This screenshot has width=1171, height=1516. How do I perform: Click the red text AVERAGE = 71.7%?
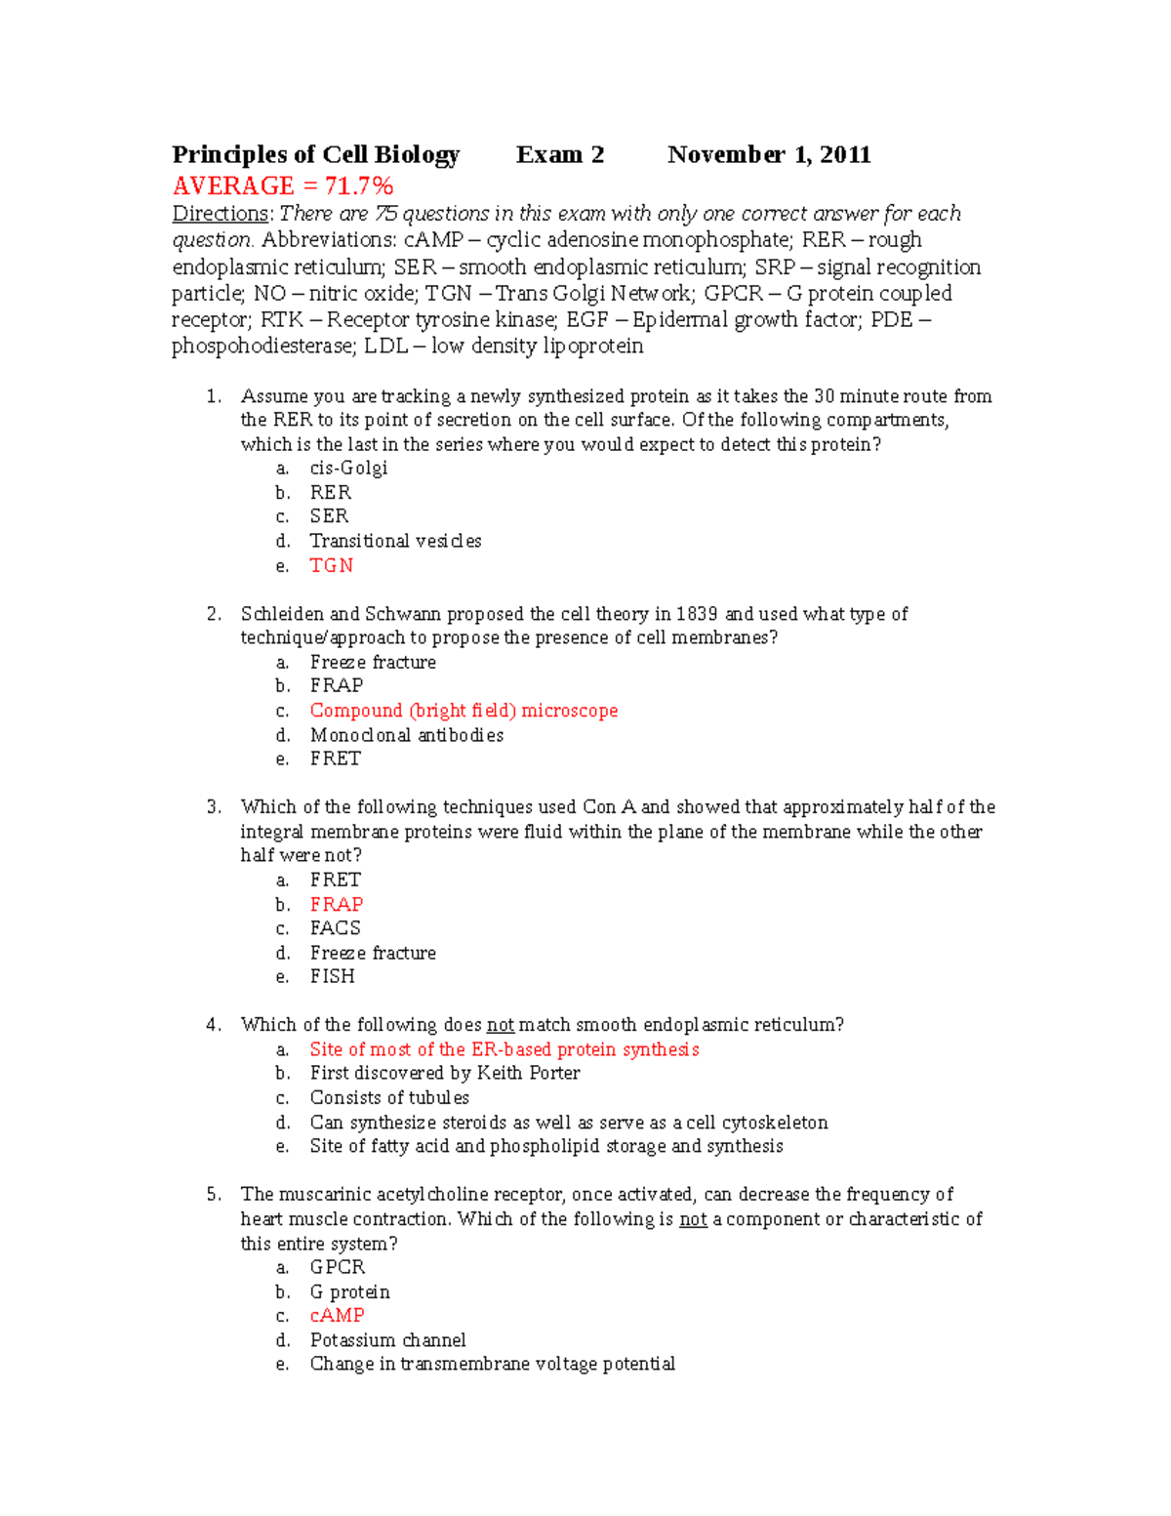pos(283,185)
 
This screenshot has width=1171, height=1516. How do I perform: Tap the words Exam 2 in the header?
pos(560,155)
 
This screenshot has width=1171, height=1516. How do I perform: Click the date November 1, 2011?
pos(769,155)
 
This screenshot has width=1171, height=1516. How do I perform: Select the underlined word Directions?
pos(220,214)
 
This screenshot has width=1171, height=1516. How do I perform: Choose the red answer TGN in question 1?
pos(332,565)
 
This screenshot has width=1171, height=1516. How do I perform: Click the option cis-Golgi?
pos(348,468)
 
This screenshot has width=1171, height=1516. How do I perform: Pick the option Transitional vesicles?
pos(395,541)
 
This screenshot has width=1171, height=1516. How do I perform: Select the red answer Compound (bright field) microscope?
pos(464,711)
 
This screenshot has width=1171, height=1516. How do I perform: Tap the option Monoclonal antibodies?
pos(407,735)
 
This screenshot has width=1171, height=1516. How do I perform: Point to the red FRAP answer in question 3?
pos(337,904)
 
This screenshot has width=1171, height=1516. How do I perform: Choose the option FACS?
pos(336,928)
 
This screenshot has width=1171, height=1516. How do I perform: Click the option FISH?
pos(333,976)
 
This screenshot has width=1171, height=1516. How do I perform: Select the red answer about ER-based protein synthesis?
pos(505,1049)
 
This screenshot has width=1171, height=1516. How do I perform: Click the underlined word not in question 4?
pos(501,1025)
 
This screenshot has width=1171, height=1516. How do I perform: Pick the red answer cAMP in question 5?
pos(338,1315)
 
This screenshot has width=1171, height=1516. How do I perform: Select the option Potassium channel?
pos(387,1339)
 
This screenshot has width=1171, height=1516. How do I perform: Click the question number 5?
pos(214,1194)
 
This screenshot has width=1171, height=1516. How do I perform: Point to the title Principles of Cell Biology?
pos(316,155)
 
